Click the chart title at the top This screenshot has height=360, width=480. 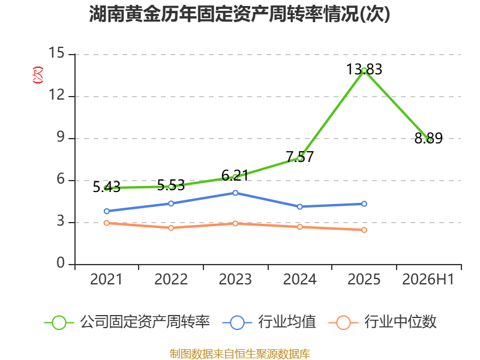(239, 14)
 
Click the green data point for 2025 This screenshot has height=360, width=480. (364, 71)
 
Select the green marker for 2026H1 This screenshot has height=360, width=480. (428, 140)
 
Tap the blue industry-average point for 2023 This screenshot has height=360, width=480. (235, 193)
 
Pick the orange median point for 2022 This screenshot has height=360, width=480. (171, 228)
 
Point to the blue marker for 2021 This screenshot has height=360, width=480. (107, 211)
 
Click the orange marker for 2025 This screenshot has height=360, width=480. (364, 230)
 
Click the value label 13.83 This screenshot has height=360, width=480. (364, 69)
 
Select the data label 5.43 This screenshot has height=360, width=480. (107, 187)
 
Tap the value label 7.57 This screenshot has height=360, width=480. (300, 157)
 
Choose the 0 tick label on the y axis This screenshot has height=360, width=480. (61, 263)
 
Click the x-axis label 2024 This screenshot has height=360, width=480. (299, 279)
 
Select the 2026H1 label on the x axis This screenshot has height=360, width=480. (428, 279)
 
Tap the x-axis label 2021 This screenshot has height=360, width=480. (106, 279)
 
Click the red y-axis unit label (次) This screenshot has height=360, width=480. (38, 75)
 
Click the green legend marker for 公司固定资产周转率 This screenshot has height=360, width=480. (59, 323)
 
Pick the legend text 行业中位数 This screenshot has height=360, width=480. (400, 322)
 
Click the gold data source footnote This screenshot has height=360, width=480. (240, 354)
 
